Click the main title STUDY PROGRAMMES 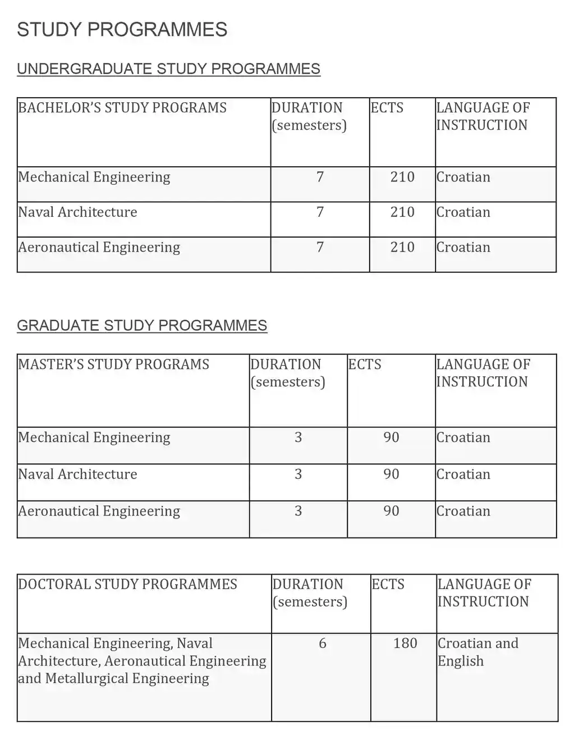(x=122, y=29)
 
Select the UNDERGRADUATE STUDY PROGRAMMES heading (x=168, y=69)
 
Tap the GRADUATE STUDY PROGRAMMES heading (x=142, y=325)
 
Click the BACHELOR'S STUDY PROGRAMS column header (x=122, y=108)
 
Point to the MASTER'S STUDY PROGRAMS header (x=113, y=365)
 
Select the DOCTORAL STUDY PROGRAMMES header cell (x=128, y=584)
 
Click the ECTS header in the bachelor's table (x=387, y=108)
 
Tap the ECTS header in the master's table (x=365, y=365)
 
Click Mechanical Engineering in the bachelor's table (x=94, y=177)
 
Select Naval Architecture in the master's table (x=77, y=474)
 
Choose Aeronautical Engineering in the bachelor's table (x=99, y=247)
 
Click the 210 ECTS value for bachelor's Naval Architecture (x=402, y=212)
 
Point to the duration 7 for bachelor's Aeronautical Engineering (x=320, y=247)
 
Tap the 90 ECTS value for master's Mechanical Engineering (x=391, y=437)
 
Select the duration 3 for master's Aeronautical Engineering (x=298, y=511)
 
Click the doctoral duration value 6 (x=322, y=643)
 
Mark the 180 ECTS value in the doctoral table (x=405, y=643)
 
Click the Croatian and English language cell (x=477, y=652)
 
